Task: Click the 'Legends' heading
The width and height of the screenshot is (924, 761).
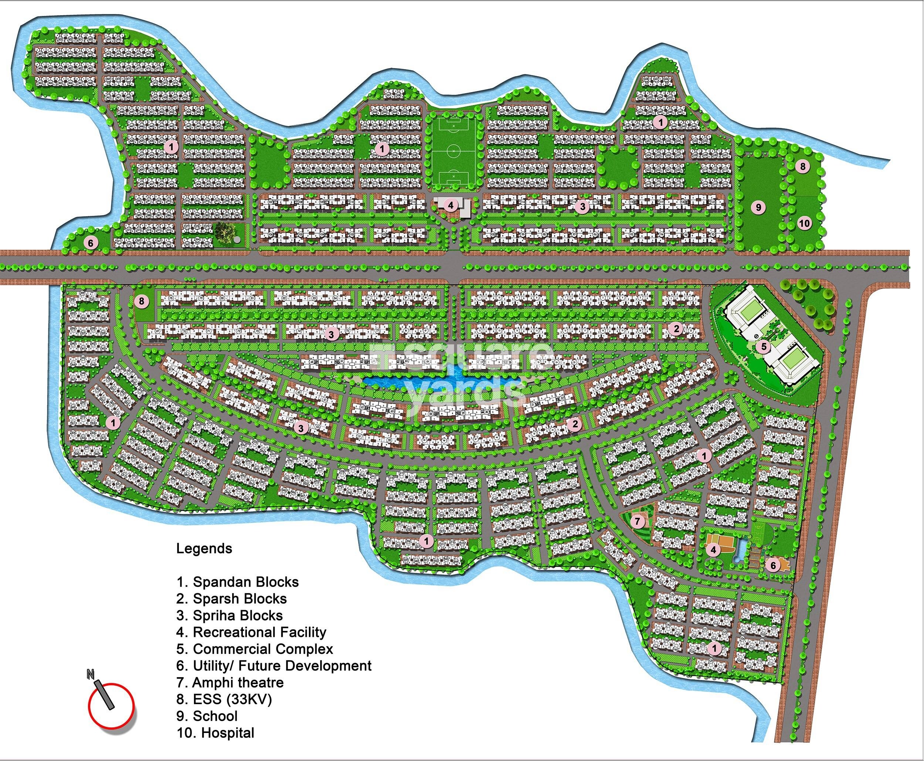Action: (x=204, y=548)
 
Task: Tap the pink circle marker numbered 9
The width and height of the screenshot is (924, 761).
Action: (x=758, y=207)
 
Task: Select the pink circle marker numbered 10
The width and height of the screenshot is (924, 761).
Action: (x=804, y=224)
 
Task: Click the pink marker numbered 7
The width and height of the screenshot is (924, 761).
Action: (x=638, y=522)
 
